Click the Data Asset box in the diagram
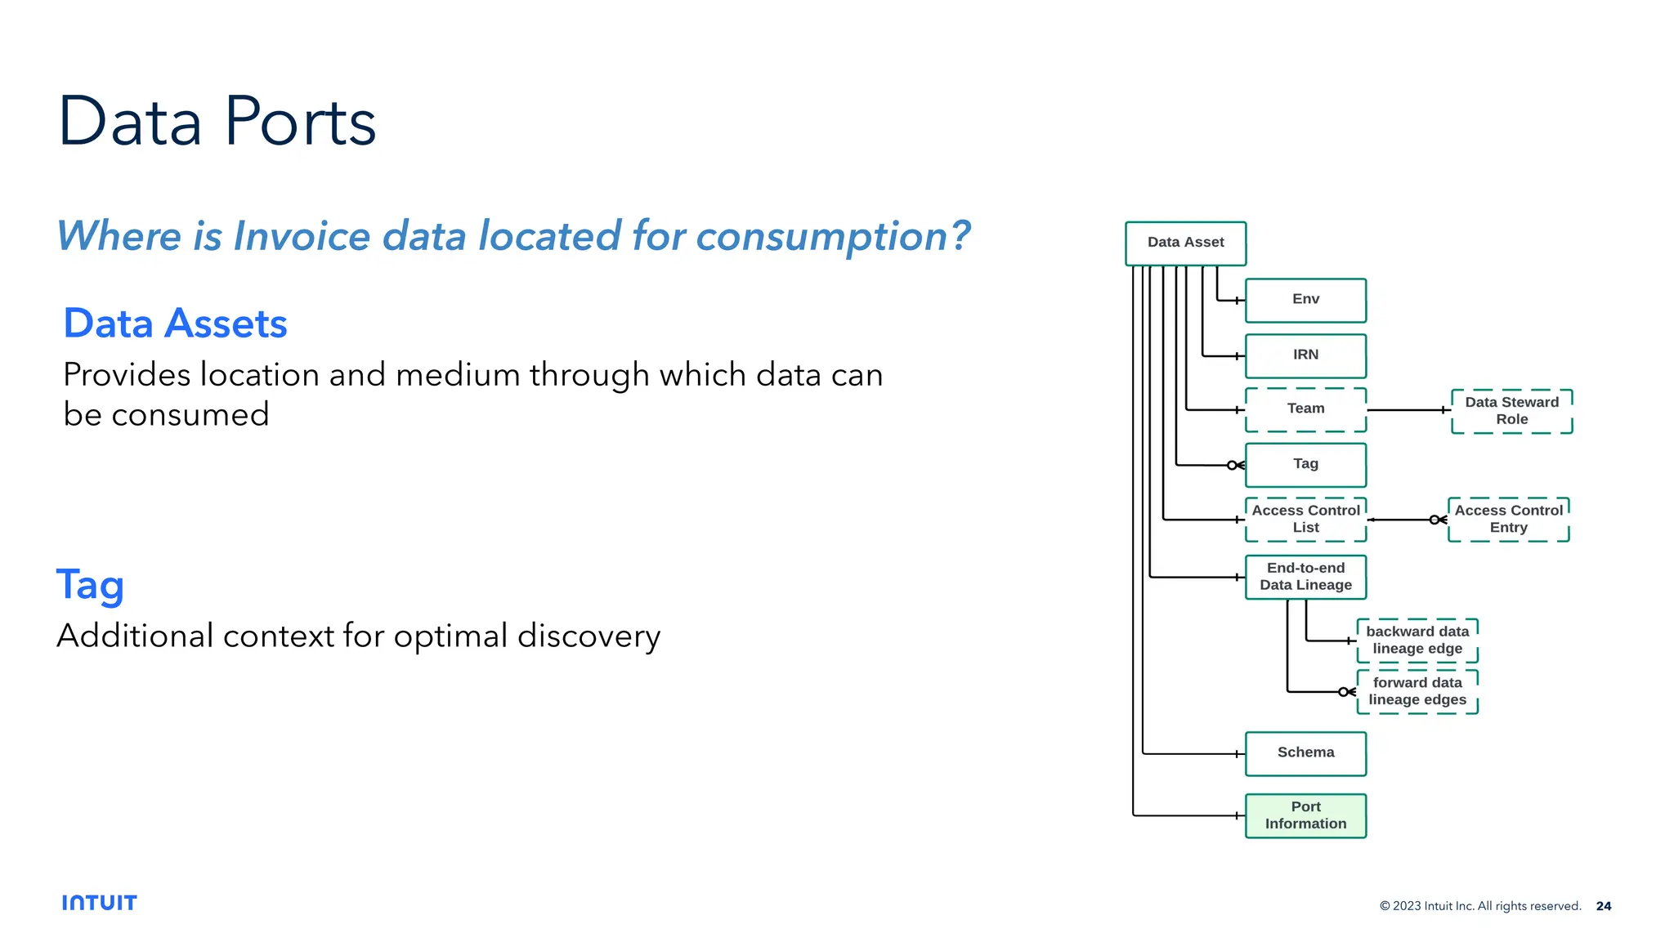(x=1185, y=243)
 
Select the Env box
(x=1305, y=300)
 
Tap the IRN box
(x=1305, y=355)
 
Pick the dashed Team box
(x=1305, y=408)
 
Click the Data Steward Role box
(x=1511, y=410)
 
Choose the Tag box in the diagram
(x=1305, y=464)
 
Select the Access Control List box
(x=1305, y=519)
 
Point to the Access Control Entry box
(x=1508, y=519)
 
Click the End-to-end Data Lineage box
(x=1305, y=577)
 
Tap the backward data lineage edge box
(x=1417, y=640)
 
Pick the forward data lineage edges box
(x=1417, y=691)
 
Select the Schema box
(x=1305, y=752)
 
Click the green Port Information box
(x=1305, y=815)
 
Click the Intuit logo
(x=99, y=903)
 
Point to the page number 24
(x=1603, y=906)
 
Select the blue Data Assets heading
(x=175, y=324)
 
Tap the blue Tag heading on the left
(x=90, y=585)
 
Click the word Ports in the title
(x=300, y=123)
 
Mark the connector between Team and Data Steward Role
(x=1408, y=410)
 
